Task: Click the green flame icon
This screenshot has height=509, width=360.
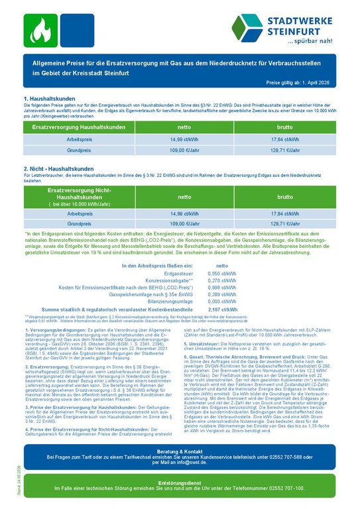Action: [40, 28]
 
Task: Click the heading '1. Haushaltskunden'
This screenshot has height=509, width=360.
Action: [51, 99]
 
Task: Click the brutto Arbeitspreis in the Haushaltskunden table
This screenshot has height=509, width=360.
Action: [286, 140]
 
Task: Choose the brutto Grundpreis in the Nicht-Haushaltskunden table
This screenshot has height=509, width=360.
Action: [286, 224]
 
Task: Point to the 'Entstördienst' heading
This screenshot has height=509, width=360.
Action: [180, 482]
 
